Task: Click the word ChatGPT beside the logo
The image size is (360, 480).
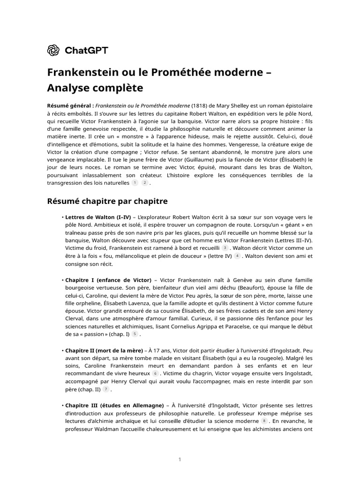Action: point(86,50)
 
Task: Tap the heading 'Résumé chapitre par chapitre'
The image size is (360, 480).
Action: point(107,201)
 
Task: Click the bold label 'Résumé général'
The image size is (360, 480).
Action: point(70,105)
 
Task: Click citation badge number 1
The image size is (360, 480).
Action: point(135,182)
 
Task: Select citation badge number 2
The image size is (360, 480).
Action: point(145,182)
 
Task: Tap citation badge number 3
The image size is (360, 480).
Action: point(225,247)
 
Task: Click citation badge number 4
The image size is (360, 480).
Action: point(237,256)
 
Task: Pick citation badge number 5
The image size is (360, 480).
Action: point(135,334)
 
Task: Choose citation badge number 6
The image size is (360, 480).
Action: point(156,373)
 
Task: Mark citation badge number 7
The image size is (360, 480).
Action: point(106,389)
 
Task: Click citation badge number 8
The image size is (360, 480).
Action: point(264,421)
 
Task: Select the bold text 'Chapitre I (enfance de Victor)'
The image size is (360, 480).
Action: point(108,280)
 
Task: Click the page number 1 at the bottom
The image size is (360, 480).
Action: point(180,459)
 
